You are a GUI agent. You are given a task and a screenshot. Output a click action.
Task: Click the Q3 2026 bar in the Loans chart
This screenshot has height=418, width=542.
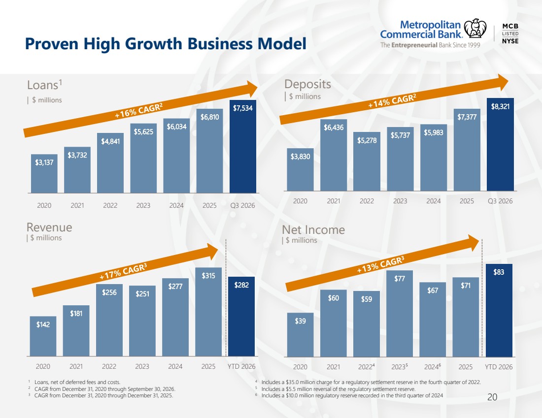(x=242, y=147)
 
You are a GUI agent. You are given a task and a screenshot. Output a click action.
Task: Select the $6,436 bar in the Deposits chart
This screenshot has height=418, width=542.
(x=334, y=155)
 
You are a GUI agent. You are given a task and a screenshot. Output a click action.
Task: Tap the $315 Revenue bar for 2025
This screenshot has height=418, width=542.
(x=208, y=312)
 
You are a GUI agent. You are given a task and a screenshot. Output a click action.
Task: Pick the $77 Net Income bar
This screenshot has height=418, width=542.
(x=400, y=314)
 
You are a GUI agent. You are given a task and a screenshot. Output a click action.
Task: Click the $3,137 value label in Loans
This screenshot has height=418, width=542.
(x=44, y=162)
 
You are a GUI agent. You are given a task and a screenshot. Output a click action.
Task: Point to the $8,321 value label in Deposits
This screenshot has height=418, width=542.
(x=500, y=106)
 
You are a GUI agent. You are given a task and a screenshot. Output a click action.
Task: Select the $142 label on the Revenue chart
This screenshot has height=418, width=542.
(x=43, y=324)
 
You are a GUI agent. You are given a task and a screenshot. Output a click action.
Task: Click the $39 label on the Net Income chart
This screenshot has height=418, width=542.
(x=301, y=321)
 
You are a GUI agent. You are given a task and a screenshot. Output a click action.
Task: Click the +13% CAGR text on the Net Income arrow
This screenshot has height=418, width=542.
(x=380, y=265)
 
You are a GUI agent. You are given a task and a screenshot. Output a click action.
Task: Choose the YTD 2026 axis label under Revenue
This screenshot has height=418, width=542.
(x=241, y=366)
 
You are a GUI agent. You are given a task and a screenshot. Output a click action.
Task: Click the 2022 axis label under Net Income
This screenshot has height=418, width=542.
(x=367, y=366)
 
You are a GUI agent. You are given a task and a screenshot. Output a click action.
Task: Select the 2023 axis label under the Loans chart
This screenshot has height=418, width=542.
(x=143, y=205)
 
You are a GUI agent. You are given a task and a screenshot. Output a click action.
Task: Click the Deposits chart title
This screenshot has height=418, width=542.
(x=307, y=84)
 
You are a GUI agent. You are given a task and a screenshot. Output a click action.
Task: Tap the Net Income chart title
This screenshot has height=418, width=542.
(x=313, y=230)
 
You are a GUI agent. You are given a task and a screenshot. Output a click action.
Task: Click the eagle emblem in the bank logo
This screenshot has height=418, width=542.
(x=475, y=29)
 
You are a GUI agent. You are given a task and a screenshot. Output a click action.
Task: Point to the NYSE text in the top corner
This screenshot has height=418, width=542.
(x=510, y=41)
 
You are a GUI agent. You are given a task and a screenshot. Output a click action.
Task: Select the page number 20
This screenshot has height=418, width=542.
(x=492, y=397)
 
